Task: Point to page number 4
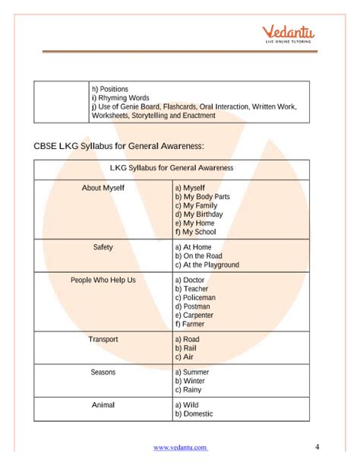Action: point(317,445)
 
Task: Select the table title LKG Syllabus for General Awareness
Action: point(172,167)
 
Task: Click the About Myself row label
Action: point(103,186)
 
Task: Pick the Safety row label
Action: point(103,247)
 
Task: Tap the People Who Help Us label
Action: point(103,280)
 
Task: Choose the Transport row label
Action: point(103,339)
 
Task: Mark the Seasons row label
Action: point(103,372)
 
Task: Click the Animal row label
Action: point(103,404)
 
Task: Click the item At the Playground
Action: point(207,265)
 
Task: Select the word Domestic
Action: point(198,414)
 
